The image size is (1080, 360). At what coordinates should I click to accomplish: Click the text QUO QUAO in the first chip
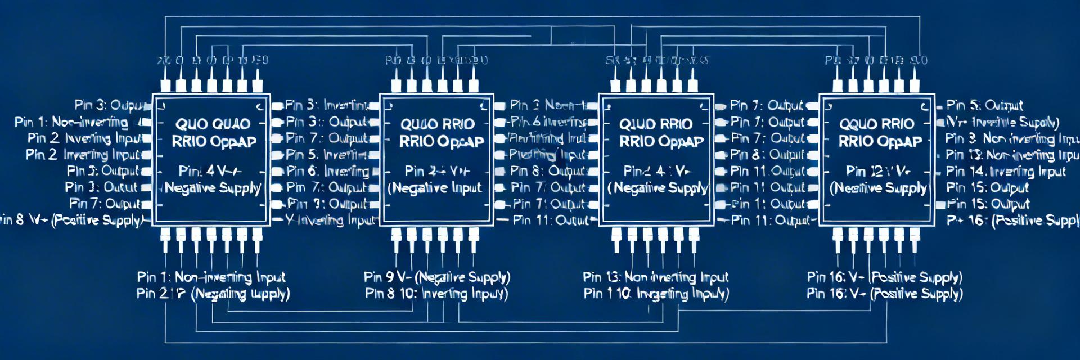[213, 124]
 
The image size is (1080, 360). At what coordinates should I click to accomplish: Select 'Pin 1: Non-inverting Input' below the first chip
[211, 277]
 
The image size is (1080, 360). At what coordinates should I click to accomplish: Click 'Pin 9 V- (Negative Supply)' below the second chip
[437, 277]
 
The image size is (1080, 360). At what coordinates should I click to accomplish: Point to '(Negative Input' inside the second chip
[435, 188]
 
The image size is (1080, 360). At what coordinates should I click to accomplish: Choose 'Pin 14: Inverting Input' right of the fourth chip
[1006, 172]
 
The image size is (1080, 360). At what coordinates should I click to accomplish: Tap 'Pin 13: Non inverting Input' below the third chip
[655, 277]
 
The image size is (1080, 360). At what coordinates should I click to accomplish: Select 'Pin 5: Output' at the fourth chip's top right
[984, 105]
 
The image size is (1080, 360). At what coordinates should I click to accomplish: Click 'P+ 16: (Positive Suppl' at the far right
[1012, 220]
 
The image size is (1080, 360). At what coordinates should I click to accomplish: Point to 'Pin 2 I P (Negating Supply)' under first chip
[213, 293]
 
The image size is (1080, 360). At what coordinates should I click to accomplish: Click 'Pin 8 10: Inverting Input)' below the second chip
[436, 293]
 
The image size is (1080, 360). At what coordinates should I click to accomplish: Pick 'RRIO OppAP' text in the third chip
[661, 142]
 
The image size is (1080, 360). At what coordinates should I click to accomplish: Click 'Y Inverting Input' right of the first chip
[330, 220]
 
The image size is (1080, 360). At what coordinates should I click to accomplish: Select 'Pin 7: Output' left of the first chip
[105, 204]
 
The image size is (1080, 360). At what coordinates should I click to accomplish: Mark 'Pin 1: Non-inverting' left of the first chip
[71, 122]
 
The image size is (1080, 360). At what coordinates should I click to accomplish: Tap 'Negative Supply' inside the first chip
[213, 188]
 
